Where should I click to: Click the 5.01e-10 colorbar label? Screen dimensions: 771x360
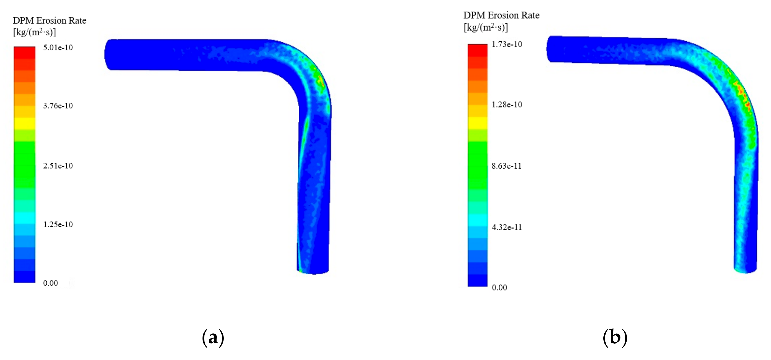[58, 48]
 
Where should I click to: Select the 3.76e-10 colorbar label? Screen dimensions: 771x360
[58, 106]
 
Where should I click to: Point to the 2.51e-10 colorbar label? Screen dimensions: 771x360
[58, 166]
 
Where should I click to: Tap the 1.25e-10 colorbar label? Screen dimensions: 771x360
[58, 224]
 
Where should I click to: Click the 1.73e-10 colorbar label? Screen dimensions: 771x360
[507, 44]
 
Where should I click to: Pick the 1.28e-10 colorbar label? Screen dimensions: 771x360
[507, 104]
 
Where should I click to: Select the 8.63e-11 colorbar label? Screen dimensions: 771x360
[507, 166]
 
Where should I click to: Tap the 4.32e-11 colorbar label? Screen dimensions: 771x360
[507, 227]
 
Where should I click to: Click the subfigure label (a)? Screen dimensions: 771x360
[213, 338]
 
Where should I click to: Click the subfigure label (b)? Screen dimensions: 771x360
[615, 338]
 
